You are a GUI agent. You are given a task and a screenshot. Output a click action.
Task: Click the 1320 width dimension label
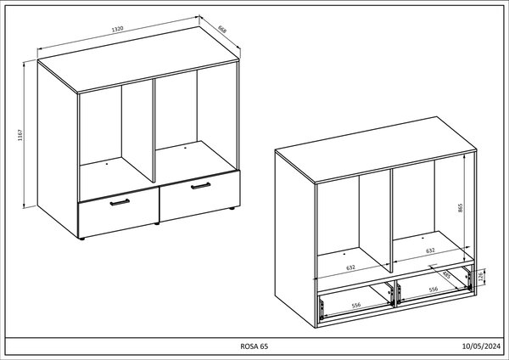click(118, 29)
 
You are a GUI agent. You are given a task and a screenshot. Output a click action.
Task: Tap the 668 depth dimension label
click(222, 29)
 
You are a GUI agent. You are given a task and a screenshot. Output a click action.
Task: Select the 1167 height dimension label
click(20, 135)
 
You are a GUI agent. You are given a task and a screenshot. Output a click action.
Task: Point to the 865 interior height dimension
click(460, 208)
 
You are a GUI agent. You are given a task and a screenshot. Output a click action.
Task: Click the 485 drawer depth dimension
click(446, 275)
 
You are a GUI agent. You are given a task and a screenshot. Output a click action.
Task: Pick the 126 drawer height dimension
click(481, 277)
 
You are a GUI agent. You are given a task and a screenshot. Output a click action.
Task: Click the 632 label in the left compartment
click(350, 267)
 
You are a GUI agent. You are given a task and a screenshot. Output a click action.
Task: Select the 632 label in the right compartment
click(430, 250)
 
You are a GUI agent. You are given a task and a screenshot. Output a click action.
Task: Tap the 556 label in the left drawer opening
click(356, 305)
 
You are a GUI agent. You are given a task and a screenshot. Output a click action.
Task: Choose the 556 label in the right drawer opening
click(433, 289)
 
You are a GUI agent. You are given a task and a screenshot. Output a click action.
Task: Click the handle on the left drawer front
click(120, 202)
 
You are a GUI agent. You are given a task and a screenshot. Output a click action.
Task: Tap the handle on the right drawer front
click(200, 186)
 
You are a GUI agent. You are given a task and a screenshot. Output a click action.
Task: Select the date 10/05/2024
click(481, 346)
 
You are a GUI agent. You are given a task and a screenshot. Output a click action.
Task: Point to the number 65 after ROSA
click(264, 346)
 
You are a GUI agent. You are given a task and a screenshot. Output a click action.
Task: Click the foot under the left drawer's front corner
click(81, 239)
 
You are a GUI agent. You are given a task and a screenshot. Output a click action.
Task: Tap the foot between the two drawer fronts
click(157, 223)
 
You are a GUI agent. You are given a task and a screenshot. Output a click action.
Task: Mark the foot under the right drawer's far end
click(232, 208)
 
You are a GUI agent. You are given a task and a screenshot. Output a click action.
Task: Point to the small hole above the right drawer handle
click(185, 148)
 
